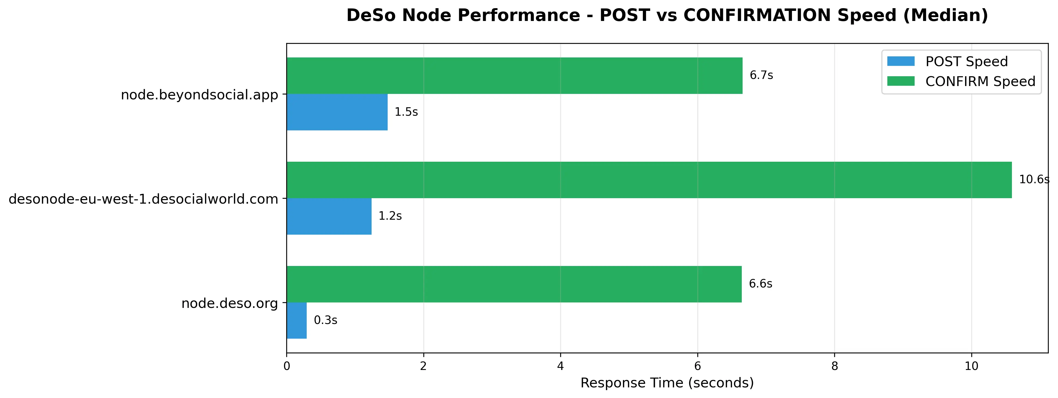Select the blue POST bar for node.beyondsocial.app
click(x=337, y=112)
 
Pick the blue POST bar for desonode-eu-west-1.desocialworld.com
click(x=329, y=216)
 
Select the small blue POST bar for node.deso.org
click(x=297, y=320)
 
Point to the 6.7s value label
click(x=761, y=75)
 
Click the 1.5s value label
click(x=406, y=112)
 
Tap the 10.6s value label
click(x=1034, y=180)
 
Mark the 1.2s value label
click(x=390, y=216)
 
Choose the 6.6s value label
click(x=761, y=284)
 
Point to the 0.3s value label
click(x=326, y=320)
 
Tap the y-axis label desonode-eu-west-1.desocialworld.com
click(x=144, y=200)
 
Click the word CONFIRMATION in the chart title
click(x=790, y=16)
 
